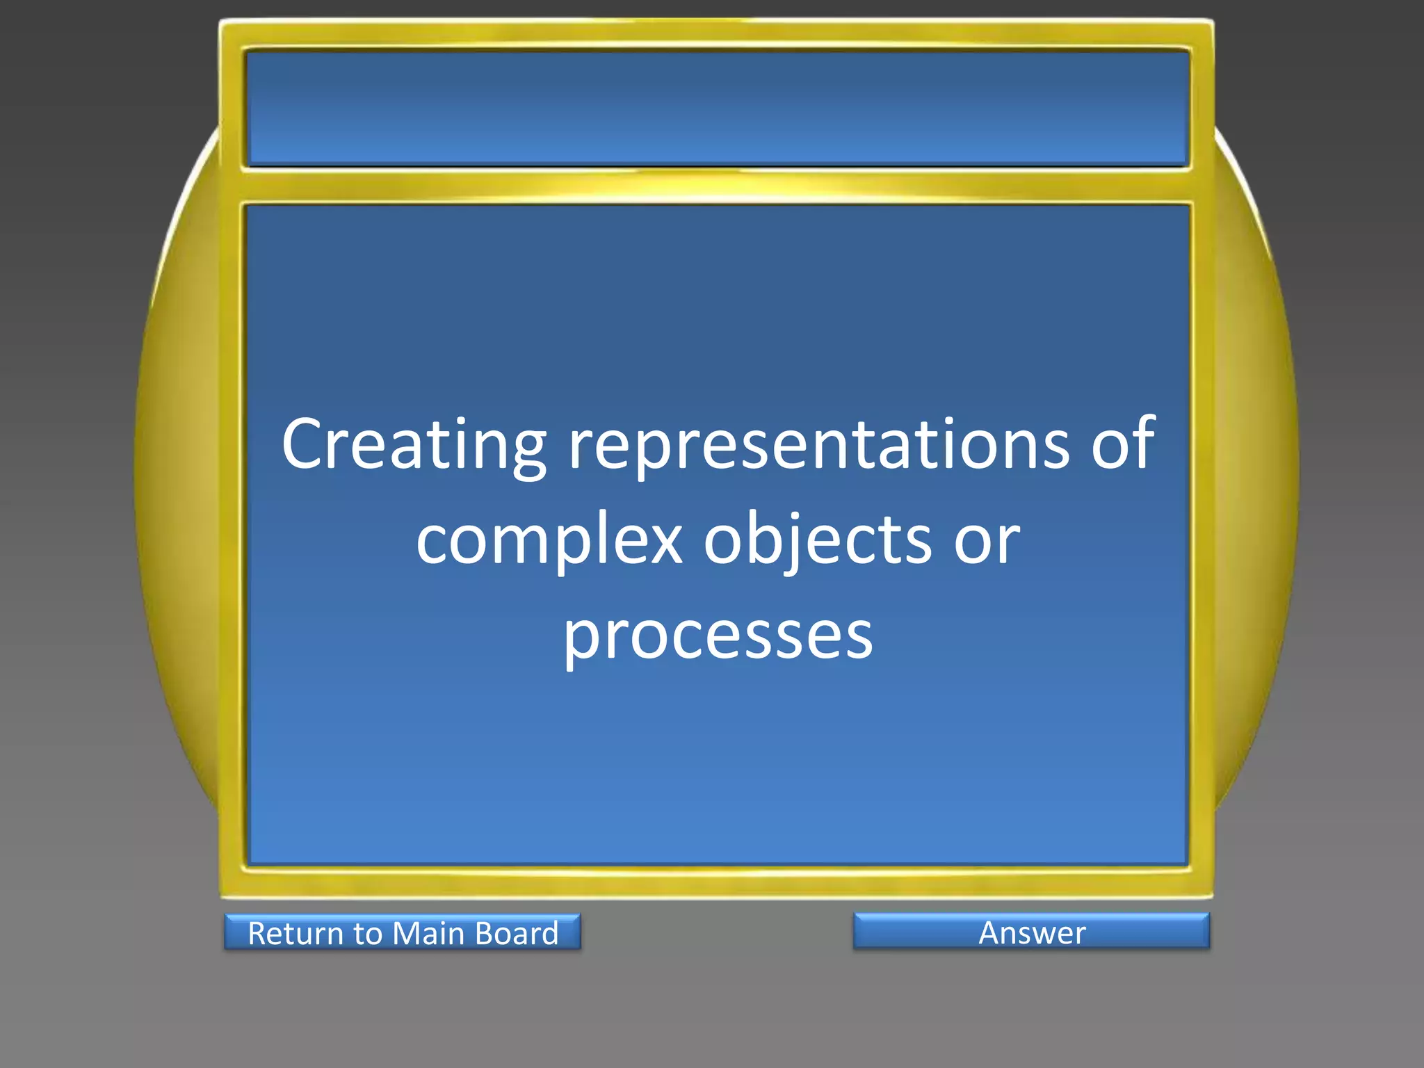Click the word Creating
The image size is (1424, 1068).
[414, 445]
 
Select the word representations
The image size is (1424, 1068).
[819, 445]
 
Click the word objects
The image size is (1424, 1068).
[817, 541]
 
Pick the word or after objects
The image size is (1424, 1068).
[987, 541]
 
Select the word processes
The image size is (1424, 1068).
[718, 636]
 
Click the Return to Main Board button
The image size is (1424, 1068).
[403, 932]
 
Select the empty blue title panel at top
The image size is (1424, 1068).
[718, 108]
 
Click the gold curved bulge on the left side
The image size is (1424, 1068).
[177, 473]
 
